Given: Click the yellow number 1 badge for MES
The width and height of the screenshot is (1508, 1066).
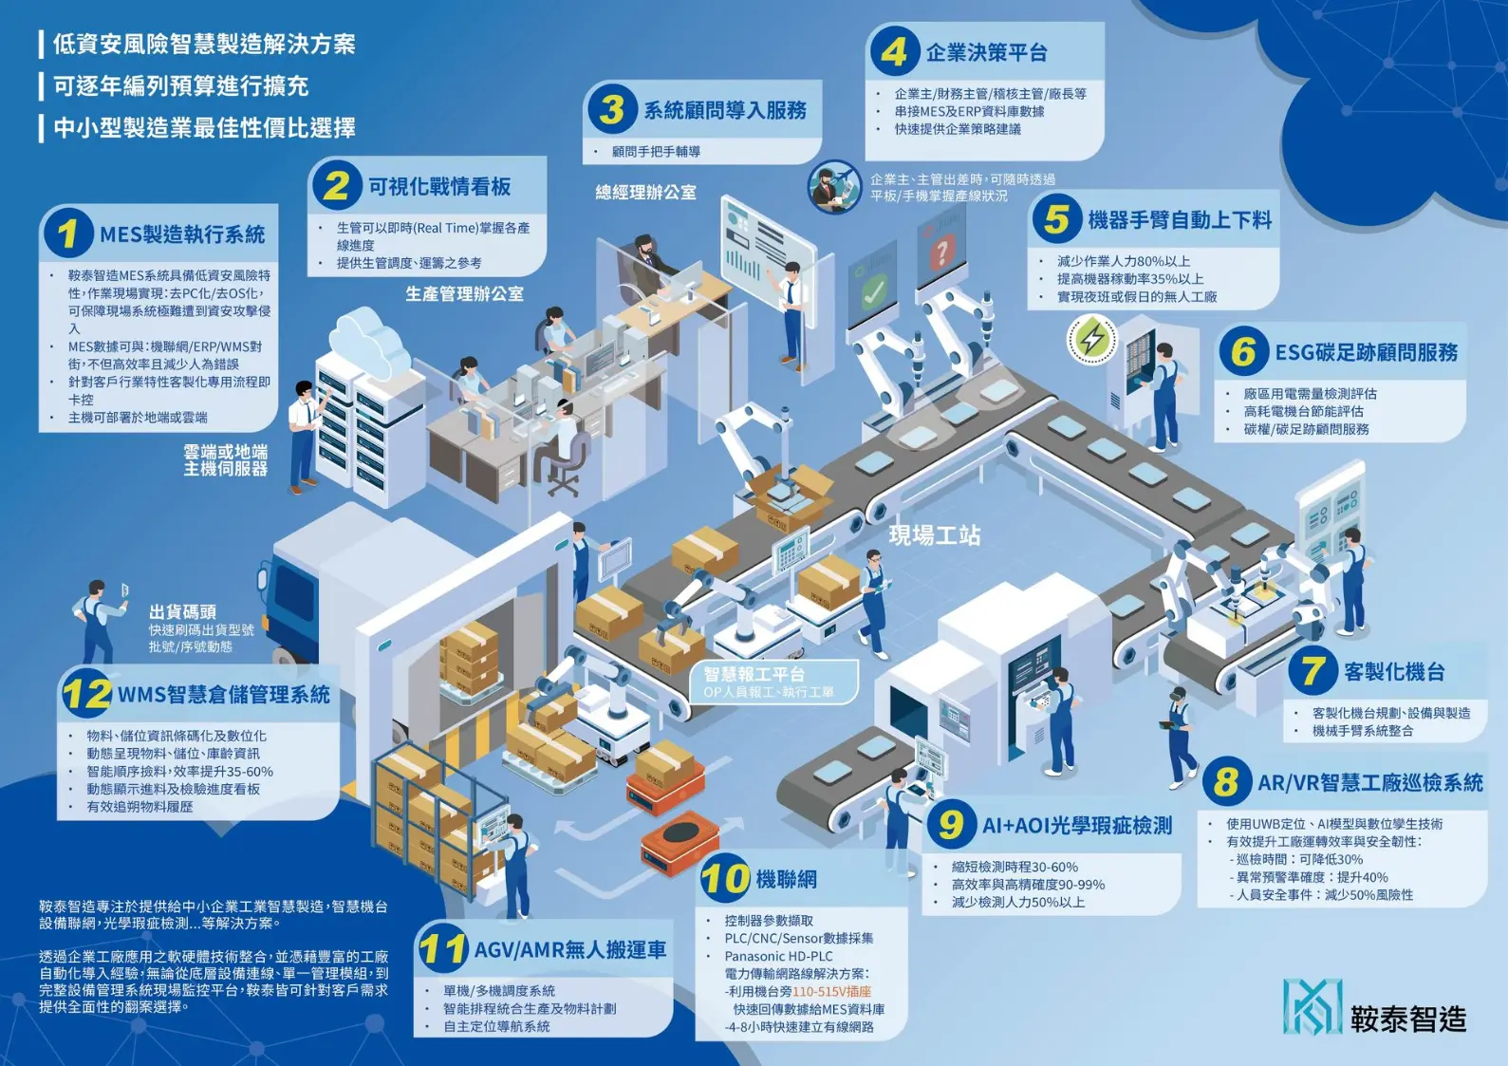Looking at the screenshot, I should coord(67,234).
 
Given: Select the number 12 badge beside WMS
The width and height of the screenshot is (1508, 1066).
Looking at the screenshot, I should coord(86,694).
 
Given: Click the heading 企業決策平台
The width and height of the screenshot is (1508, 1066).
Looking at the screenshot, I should coord(987,53).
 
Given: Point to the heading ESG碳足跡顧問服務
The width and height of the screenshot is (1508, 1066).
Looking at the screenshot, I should coord(1366,353).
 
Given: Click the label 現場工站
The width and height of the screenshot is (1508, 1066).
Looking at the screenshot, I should coord(934,535).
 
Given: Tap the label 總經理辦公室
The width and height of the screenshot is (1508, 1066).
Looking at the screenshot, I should coord(645,193).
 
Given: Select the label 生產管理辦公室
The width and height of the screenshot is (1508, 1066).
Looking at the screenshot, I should coord(464,294).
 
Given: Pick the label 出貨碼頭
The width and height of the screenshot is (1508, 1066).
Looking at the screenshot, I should coord(182,612).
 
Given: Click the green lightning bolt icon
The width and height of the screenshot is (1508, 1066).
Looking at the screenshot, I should coord(1092,339).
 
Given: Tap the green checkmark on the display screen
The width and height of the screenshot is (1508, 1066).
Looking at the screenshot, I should coord(874,290).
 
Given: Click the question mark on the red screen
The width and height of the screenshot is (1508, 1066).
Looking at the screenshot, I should coord(940,252).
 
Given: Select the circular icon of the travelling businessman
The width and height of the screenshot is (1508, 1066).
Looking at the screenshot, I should coord(834,186).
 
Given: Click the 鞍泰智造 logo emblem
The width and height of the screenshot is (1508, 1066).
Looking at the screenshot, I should coord(1313,1006).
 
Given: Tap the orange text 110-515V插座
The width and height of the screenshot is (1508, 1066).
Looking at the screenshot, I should coord(831,992).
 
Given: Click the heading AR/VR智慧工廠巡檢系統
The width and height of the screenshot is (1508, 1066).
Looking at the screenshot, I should coord(1369,783).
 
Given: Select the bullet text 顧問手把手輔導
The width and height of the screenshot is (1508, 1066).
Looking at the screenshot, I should coord(656,152).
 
